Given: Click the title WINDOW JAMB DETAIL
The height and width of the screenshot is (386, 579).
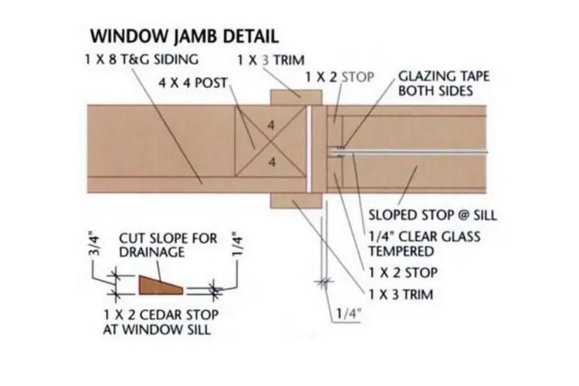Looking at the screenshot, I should click(x=184, y=36).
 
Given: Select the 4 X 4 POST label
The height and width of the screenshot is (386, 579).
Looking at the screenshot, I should click(x=192, y=79).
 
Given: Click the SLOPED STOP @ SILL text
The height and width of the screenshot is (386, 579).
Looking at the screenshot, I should click(x=432, y=214).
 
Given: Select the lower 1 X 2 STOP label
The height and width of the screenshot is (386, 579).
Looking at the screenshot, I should click(x=405, y=273).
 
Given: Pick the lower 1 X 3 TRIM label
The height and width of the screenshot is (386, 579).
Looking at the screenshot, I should click(x=405, y=294).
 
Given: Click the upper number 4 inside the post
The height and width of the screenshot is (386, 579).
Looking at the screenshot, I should click(x=271, y=124).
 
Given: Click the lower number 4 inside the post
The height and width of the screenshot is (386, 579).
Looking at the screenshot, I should click(x=271, y=161).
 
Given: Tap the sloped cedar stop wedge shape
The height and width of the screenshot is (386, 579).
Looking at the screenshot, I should click(x=161, y=287).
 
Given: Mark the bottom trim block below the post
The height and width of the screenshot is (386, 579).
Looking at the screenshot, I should click(x=296, y=200).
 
